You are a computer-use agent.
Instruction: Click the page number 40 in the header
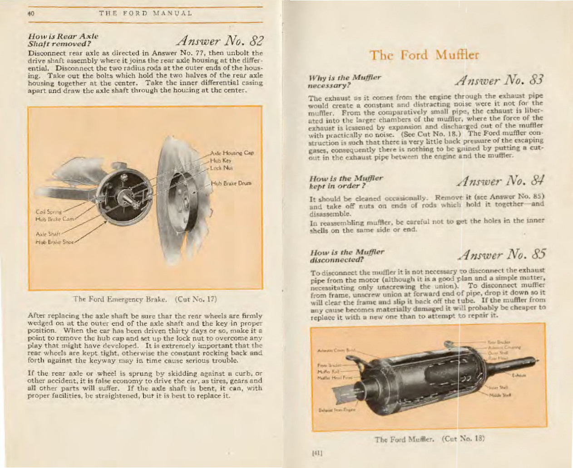click(31, 14)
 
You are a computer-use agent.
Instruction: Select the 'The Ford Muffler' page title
click(424, 55)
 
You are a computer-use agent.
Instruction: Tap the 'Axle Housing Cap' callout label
click(232, 153)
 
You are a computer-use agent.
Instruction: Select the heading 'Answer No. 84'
click(501, 180)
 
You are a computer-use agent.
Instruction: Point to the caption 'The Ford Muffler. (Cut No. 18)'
click(430, 439)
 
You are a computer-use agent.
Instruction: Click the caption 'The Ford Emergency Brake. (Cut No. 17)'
click(145, 299)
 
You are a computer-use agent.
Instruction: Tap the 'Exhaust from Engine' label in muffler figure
click(336, 410)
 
